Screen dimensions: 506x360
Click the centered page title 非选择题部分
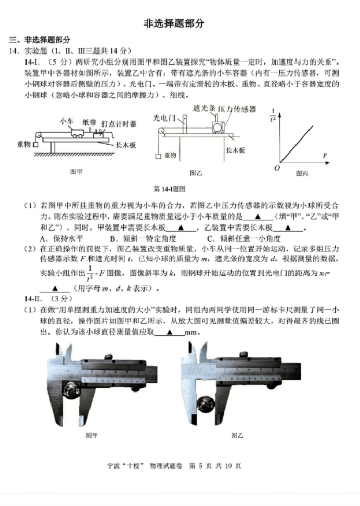click(174, 23)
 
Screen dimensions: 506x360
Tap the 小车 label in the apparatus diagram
click(67, 121)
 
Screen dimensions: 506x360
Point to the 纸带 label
click(89, 122)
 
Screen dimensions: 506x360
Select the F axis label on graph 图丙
click(325, 155)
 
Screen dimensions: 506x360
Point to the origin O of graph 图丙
click(277, 168)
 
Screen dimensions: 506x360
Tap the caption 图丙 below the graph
click(302, 173)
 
